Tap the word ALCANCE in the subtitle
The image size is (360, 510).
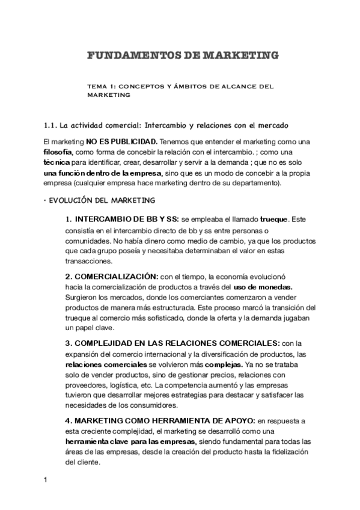pos(236,86)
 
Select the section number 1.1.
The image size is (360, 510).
pos(51,125)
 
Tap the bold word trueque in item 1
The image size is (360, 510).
pos(274,219)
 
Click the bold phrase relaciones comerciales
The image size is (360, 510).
pos(106,364)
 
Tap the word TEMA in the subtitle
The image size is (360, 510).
pos(97,86)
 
